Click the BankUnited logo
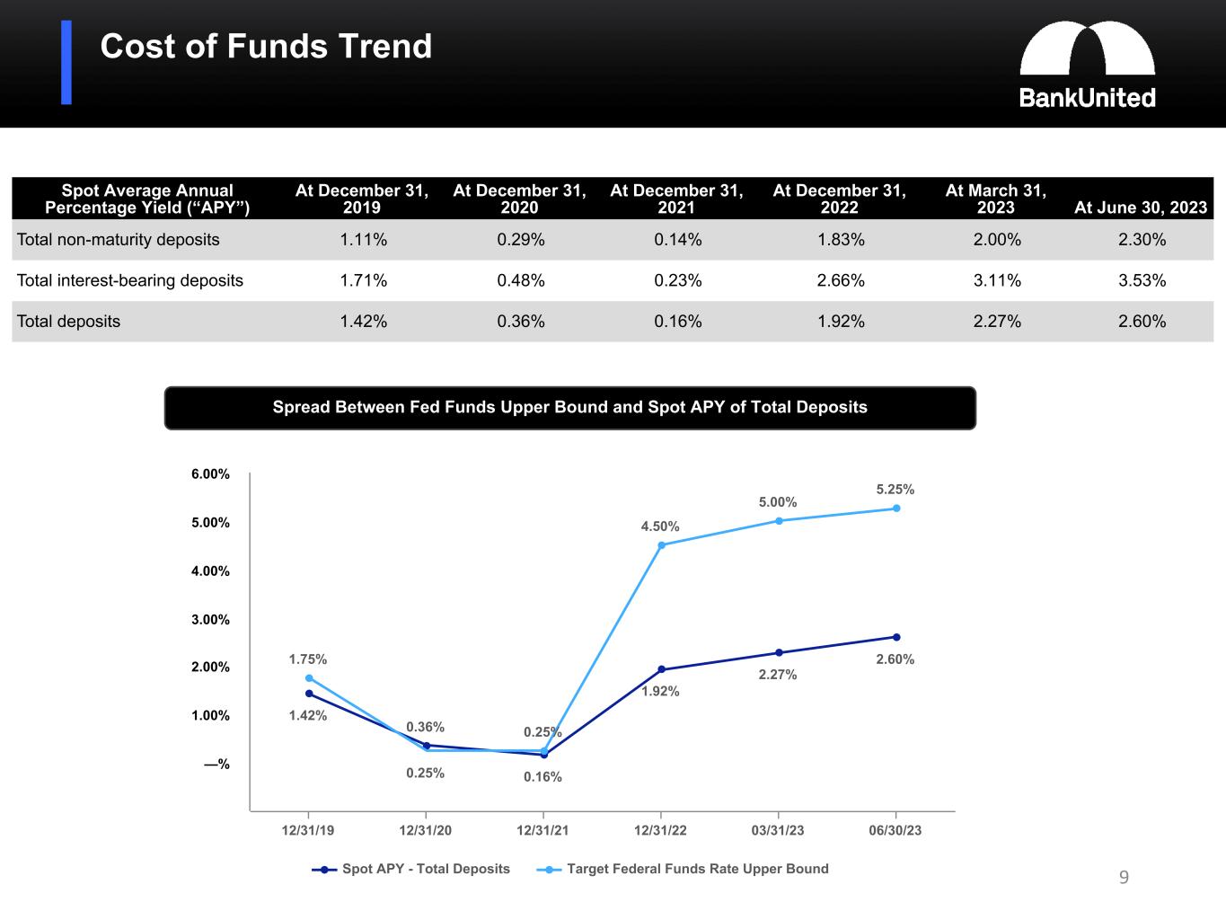coord(1087,65)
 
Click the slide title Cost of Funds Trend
coord(266,47)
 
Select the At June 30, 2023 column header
coord(1140,208)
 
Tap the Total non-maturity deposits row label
coord(119,240)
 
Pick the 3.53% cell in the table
coord(1142,280)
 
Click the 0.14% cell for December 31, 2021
coord(677,240)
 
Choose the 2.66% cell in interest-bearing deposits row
coord(840,280)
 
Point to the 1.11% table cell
coord(363,240)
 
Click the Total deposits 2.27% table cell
coord(996,322)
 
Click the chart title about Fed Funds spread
coord(569,408)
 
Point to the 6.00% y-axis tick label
coord(210,474)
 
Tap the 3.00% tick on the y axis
coord(210,620)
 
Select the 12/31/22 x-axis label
coord(660,830)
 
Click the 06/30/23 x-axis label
coord(895,830)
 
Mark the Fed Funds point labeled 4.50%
coord(661,545)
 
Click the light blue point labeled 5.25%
coord(895,509)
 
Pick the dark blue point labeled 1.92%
coord(661,669)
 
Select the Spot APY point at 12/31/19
coord(309,694)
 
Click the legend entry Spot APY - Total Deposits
coord(412,869)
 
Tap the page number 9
coord(1124,878)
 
